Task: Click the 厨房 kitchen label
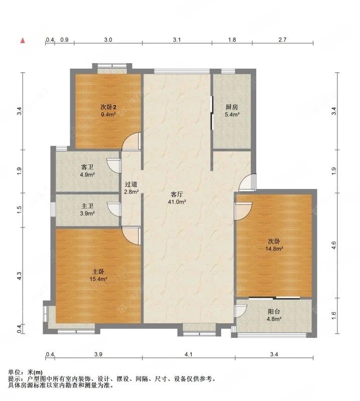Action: pos(231,107)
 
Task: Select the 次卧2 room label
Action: pos(108,107)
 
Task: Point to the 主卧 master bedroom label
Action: pos(98,271)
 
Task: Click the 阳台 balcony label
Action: pos(274,311)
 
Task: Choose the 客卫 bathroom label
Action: pos(88,167)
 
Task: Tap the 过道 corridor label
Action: pos(131,184)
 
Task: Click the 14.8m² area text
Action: pos(274,249)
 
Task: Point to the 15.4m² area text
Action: pos(98,279)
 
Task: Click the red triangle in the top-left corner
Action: pos(22,39)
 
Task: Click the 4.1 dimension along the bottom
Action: pos(188,355)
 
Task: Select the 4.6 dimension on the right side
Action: pos(334,245)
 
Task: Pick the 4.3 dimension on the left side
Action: pos(19,276)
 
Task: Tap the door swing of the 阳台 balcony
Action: pos(241,310)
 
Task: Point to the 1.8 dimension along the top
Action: pos(232,39)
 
